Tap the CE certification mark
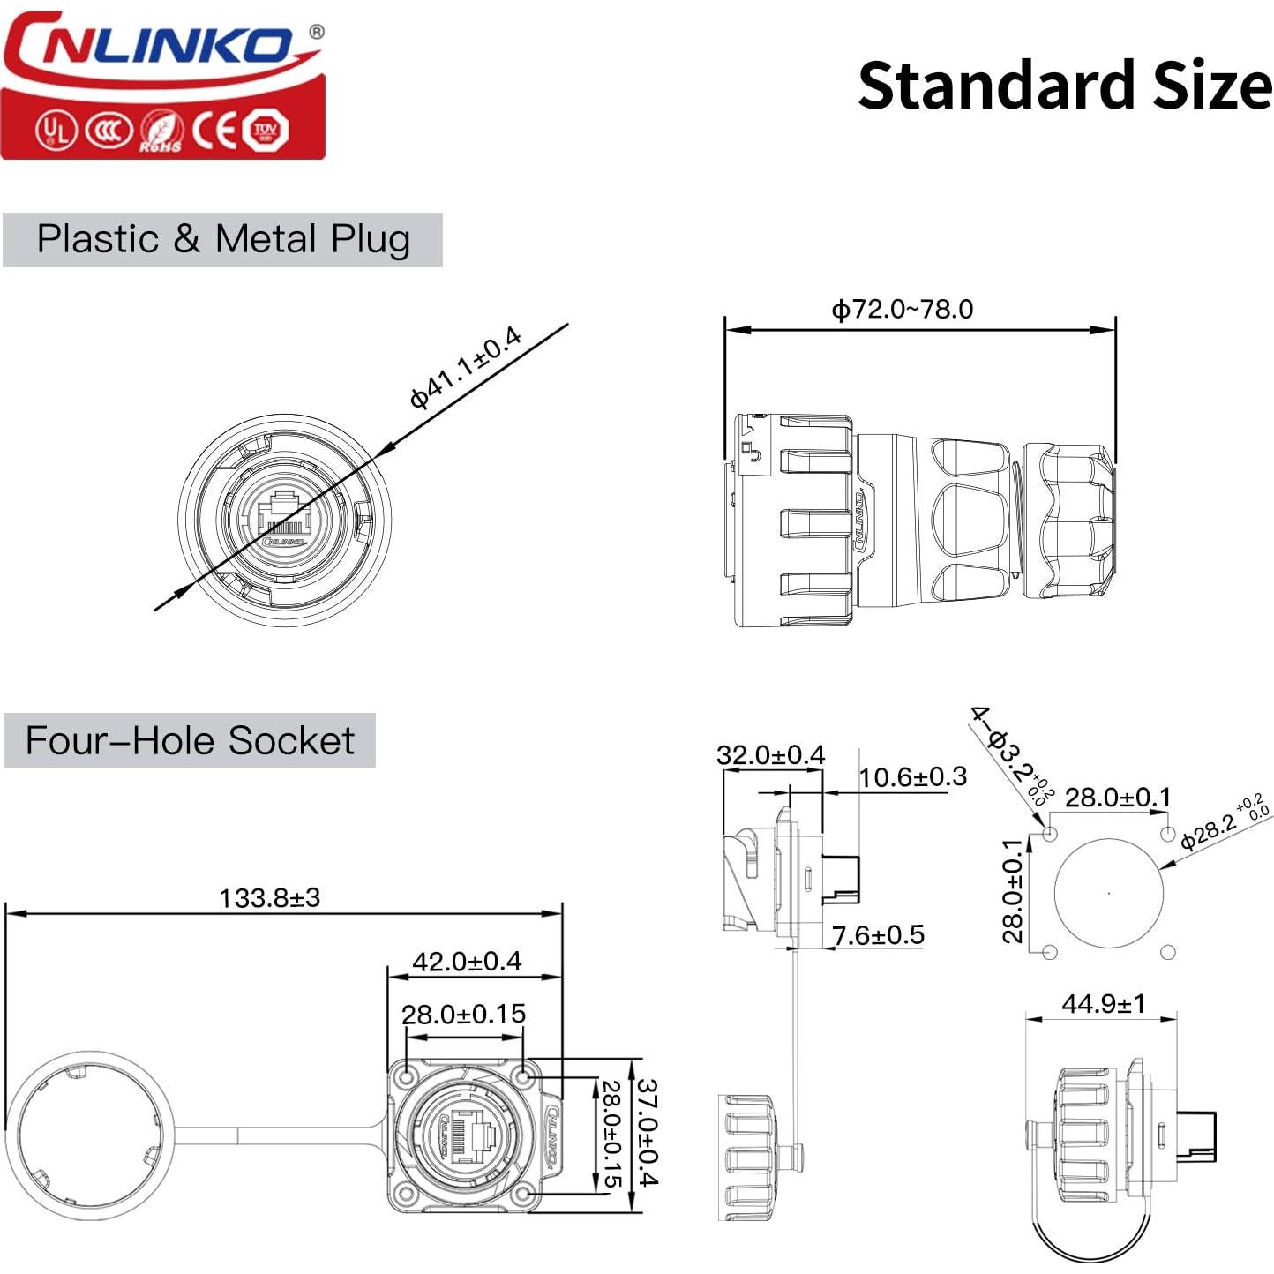coord(215,131)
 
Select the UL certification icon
coord(56,131)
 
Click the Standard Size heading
coord(1064,86)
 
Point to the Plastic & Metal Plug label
coord(223,239)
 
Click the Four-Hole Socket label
coord(190,740)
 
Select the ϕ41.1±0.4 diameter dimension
coord(466,367)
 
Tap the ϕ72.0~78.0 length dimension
coord(902,309)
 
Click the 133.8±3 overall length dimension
coord(269,897)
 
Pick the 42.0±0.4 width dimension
coord(467,961)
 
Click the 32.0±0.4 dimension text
coord(770,755)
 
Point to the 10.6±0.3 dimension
coord(912,777)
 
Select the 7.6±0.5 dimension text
coord(878,935)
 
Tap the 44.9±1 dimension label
coord(1103,1003)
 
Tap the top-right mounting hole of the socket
coord(524,1077)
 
